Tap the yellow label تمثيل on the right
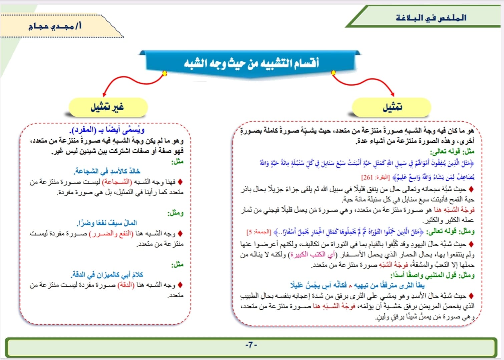tap(392, 107)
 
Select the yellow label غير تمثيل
tap(107, 107)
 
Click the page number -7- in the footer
tap(251, 345)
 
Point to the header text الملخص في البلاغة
tap(431, 18)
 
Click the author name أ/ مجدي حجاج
tap(55, 26)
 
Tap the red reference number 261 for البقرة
tap(367, 177)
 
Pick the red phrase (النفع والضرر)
tap(111, 234)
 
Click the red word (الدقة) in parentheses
tap(126, 285)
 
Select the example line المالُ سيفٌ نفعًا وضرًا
tap(107, 223)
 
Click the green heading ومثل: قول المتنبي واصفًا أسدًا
tap(433, 275)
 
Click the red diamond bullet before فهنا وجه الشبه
tap(180, 182)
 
